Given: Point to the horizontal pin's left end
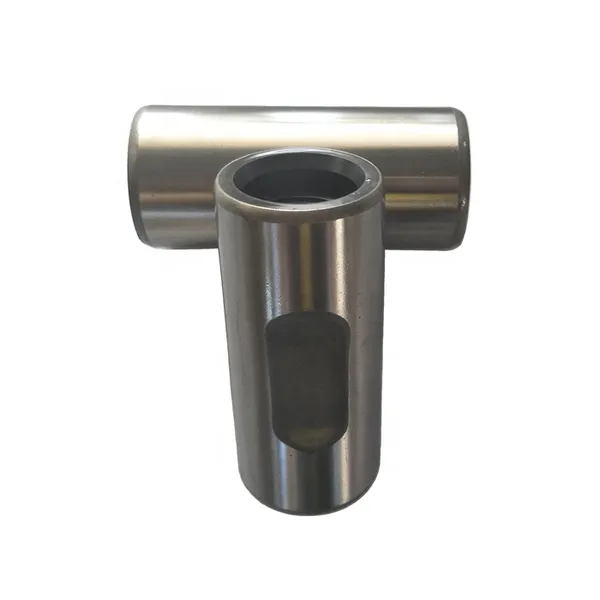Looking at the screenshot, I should [x=134, y=175].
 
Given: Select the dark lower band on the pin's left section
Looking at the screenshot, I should [x=175, y=225].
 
